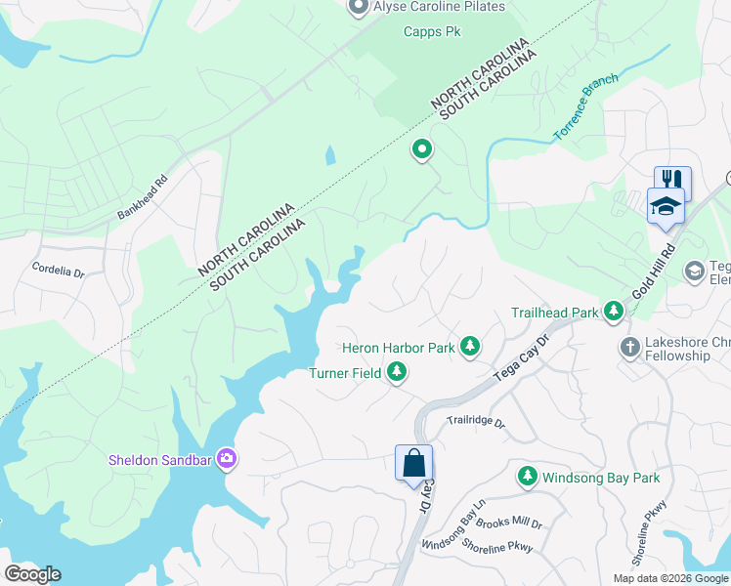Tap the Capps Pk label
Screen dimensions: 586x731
tap(431, 31)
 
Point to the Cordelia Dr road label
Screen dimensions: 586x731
tap(58, 268)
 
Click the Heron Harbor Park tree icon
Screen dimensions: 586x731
tap(470, 346)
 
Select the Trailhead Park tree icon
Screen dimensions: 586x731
tap(614, 313)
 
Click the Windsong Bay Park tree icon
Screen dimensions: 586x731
tap(528, 477)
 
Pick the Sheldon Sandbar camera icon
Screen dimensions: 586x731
tap(227, 458)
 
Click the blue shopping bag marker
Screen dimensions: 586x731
tap(413, 462)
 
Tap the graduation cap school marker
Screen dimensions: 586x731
tap(666, 206)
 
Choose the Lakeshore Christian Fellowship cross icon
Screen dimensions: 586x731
tap(631, 347)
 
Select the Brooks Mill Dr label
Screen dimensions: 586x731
tap(509, 523)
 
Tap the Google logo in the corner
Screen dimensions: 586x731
tap(31, 574)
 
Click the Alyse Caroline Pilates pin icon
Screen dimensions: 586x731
tap(358, 8)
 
